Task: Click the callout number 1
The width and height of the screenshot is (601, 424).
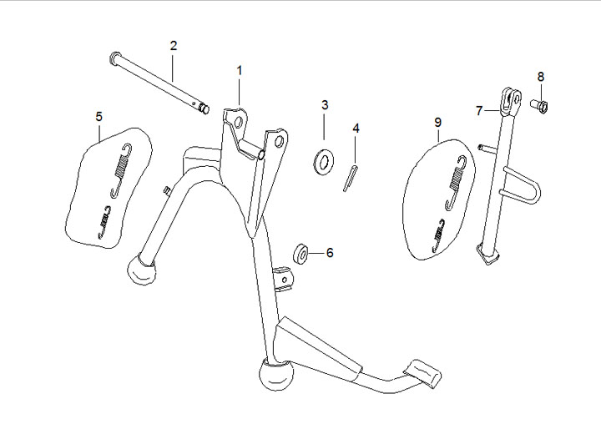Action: click(x=239, y=71)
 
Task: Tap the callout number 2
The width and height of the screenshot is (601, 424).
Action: click(x=174, y=45)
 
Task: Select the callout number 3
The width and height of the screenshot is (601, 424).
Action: click(x=325, y=105)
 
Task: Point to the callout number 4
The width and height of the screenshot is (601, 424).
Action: click(x=356, y=129)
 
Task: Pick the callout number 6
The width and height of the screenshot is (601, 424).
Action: click(x=329, y=252)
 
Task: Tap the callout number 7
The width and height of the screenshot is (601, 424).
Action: click(x=480, y=110)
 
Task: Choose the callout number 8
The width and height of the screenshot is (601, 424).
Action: click(x=540, y=77)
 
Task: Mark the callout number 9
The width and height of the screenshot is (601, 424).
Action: click(x=437, y=123)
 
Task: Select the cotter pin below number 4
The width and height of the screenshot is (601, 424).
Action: click(x=351, y=178)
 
